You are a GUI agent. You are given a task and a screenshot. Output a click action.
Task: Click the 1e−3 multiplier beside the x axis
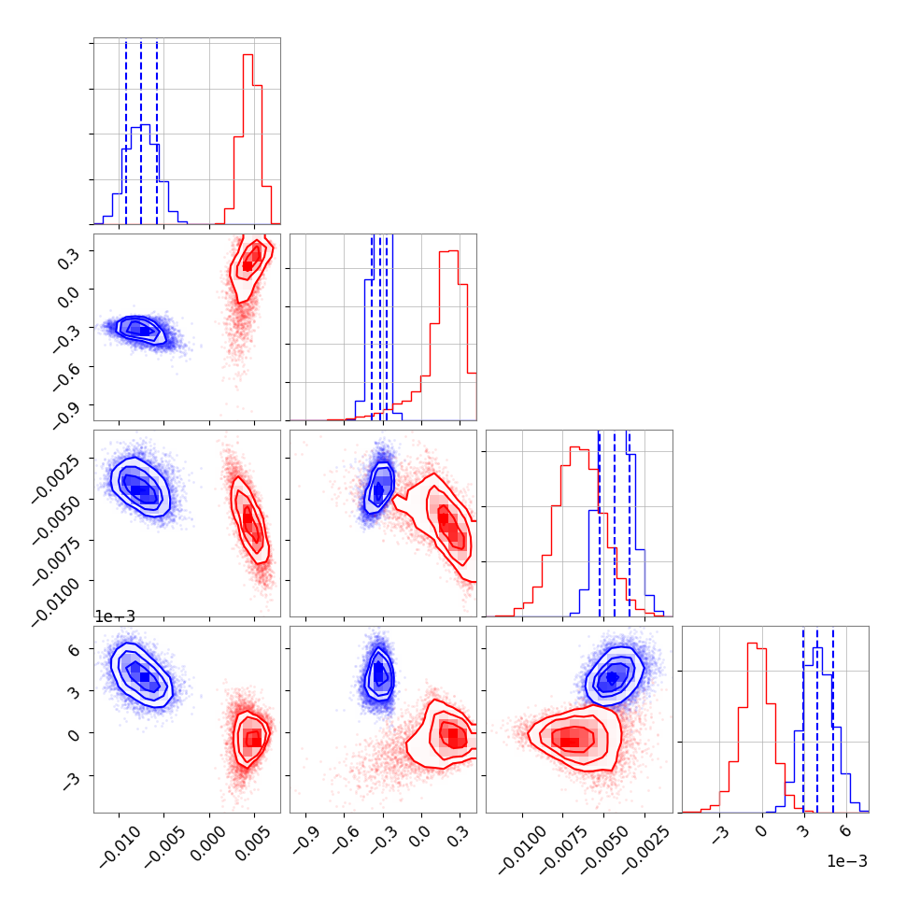click(846, 861)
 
